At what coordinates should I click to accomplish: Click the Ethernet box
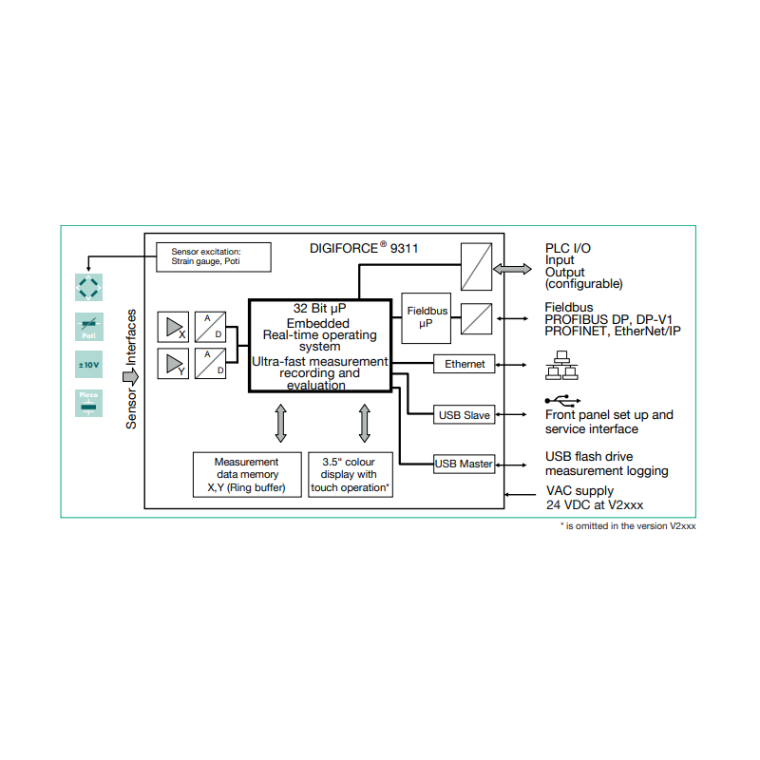[x=465, y=364]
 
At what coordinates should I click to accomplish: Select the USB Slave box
[x=465, y=415]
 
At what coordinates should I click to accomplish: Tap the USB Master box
[x=464, y=464]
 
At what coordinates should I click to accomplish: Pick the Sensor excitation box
[x=213, y=256]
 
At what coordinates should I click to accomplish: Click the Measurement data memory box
[x=246, y=474]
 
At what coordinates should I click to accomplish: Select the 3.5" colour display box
[x=349, y=474]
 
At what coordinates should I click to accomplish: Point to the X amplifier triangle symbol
[x=175, y=327]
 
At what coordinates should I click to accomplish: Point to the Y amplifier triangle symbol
[x=175, y=364]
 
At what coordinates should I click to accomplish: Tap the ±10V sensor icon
[x=89, y=364]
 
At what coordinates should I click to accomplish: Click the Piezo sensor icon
[x=89, y=402]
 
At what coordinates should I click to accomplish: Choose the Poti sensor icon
[x=89, y=327]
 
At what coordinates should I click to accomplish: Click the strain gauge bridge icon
[x=89, y=287]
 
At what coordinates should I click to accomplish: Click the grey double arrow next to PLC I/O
[x=513, y=270]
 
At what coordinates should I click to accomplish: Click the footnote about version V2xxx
[x=627, y=525]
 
